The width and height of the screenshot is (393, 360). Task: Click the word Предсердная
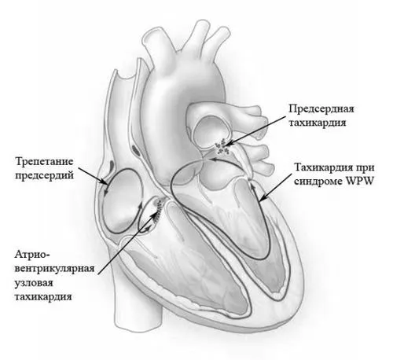tap(321, 109)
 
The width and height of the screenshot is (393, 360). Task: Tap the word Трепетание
tap(44, 162)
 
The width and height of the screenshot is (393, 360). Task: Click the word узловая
tap(34, 283)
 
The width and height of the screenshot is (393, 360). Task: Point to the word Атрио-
tap(30, 255)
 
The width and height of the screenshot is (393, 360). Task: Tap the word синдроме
tap(318, 182)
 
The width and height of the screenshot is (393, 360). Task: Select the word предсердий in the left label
tap(44, 175)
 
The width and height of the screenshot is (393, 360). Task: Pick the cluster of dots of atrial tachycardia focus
tap(222, 147)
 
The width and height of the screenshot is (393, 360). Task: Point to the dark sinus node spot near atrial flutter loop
tap(112, 165)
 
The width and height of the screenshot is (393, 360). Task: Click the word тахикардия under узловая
tap(43, 297)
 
